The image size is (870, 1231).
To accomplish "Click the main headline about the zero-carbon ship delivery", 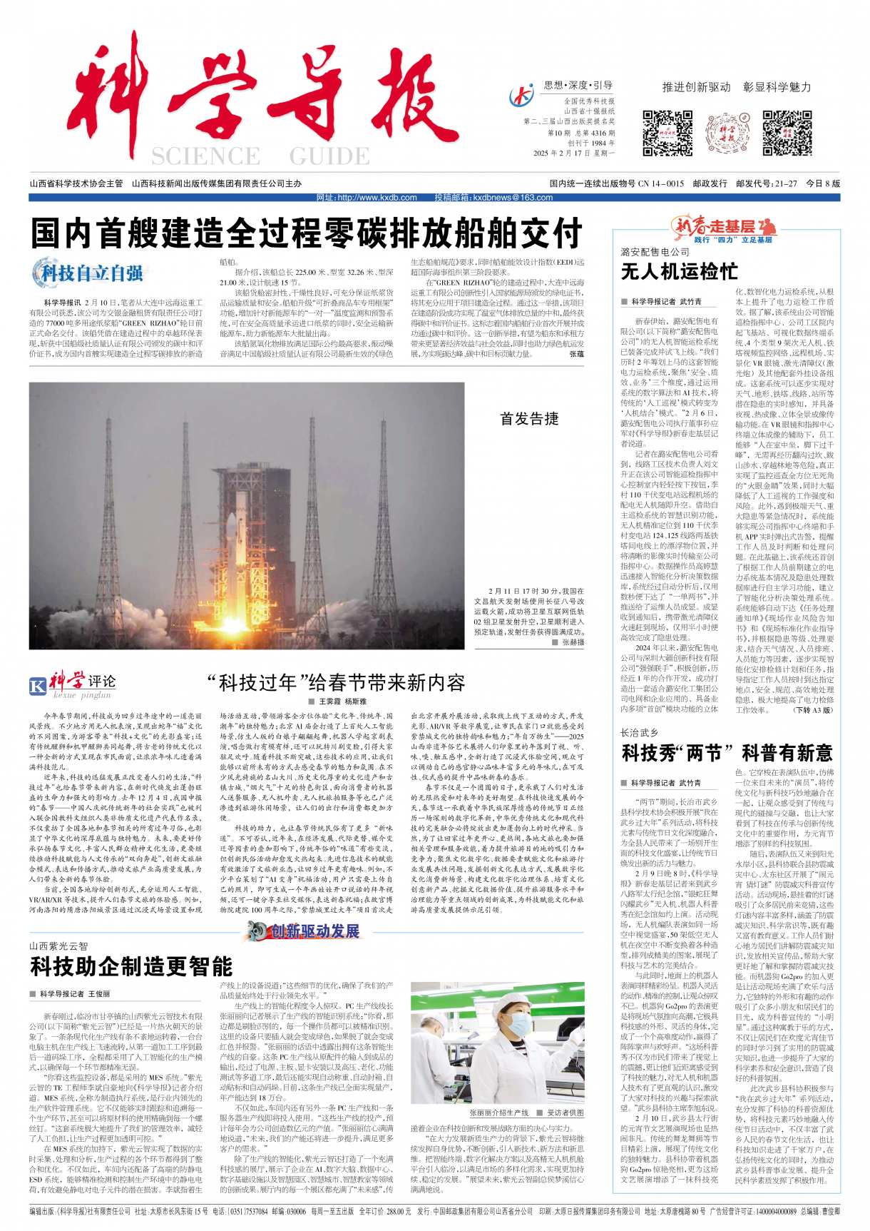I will pyautogui.click(x=307, y=233).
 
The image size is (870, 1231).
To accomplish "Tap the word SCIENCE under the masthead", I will pyautogui.click(x=205, y=156).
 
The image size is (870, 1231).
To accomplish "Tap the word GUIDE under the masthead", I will pyautogui.click(x=329, y=156).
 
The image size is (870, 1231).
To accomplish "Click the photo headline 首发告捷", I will pyautogui.click(x=529, y=419).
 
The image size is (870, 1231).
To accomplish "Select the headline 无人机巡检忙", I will pyautogui.click(x=680, y=272).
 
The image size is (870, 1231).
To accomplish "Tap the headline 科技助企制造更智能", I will pyautogui.click(x=131, y=966).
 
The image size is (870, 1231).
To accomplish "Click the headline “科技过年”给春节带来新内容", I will pyautogui.click(x=335, y=683).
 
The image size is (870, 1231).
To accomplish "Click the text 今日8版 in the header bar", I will pyautogui.click(x=823, y=183).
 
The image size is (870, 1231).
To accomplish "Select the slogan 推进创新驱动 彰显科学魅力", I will pyautogui.click(x=737, y=87).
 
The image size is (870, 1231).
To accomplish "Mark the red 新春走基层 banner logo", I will pyautogui.click(x=724, y=228).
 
